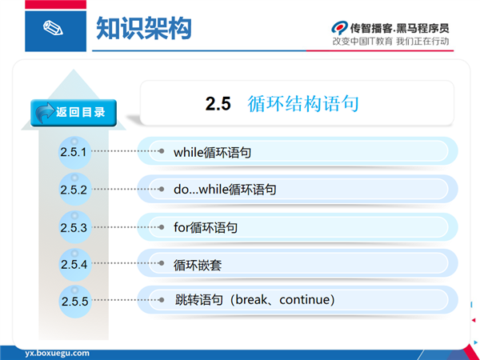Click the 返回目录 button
[74, 113]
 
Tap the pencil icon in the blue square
[53, 28]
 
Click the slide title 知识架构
[144, 28]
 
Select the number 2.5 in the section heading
[218, 103]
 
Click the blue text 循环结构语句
[303, 103]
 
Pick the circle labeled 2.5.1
[75, 152]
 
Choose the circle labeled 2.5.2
[75, 189]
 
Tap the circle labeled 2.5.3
[75, 227]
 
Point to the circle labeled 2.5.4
[75, 265]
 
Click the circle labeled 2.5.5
[75, 302]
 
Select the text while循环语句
[213, 152]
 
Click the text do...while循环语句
[225, 189]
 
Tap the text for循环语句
[206, 227]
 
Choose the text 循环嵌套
[198, 265]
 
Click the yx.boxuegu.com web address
[58, 353]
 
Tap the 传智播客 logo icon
[339, 28]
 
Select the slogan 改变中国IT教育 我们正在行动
[391, 42]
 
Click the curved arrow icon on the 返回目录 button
[45, 112]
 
